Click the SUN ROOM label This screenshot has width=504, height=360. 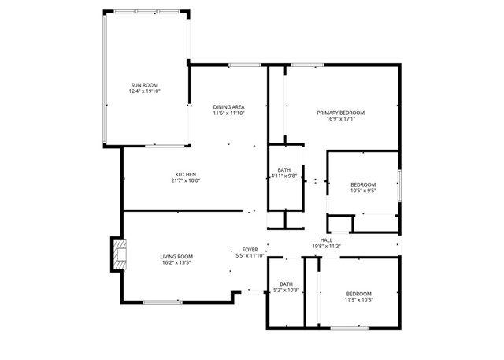145,84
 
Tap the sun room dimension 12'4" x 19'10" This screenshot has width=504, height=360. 145,91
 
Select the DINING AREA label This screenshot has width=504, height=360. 229,106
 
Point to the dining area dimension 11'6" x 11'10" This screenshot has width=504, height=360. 229,113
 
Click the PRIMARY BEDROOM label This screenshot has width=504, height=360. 341,113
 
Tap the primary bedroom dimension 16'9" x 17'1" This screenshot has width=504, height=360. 341,120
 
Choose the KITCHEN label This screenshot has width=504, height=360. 186,174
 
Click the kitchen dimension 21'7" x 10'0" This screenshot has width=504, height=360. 186,181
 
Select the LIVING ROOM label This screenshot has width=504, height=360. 176,256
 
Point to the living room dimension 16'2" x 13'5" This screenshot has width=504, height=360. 176,263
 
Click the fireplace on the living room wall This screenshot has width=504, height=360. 117,255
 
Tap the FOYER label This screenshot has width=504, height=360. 250,249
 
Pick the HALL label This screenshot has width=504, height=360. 326,239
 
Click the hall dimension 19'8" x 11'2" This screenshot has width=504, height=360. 326,247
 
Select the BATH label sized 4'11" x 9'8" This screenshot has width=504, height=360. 283,169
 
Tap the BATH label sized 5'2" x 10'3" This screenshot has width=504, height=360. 286,284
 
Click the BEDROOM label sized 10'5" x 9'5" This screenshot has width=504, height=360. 363,183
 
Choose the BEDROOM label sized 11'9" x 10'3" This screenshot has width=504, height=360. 358,292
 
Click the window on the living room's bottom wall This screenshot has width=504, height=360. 162,302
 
